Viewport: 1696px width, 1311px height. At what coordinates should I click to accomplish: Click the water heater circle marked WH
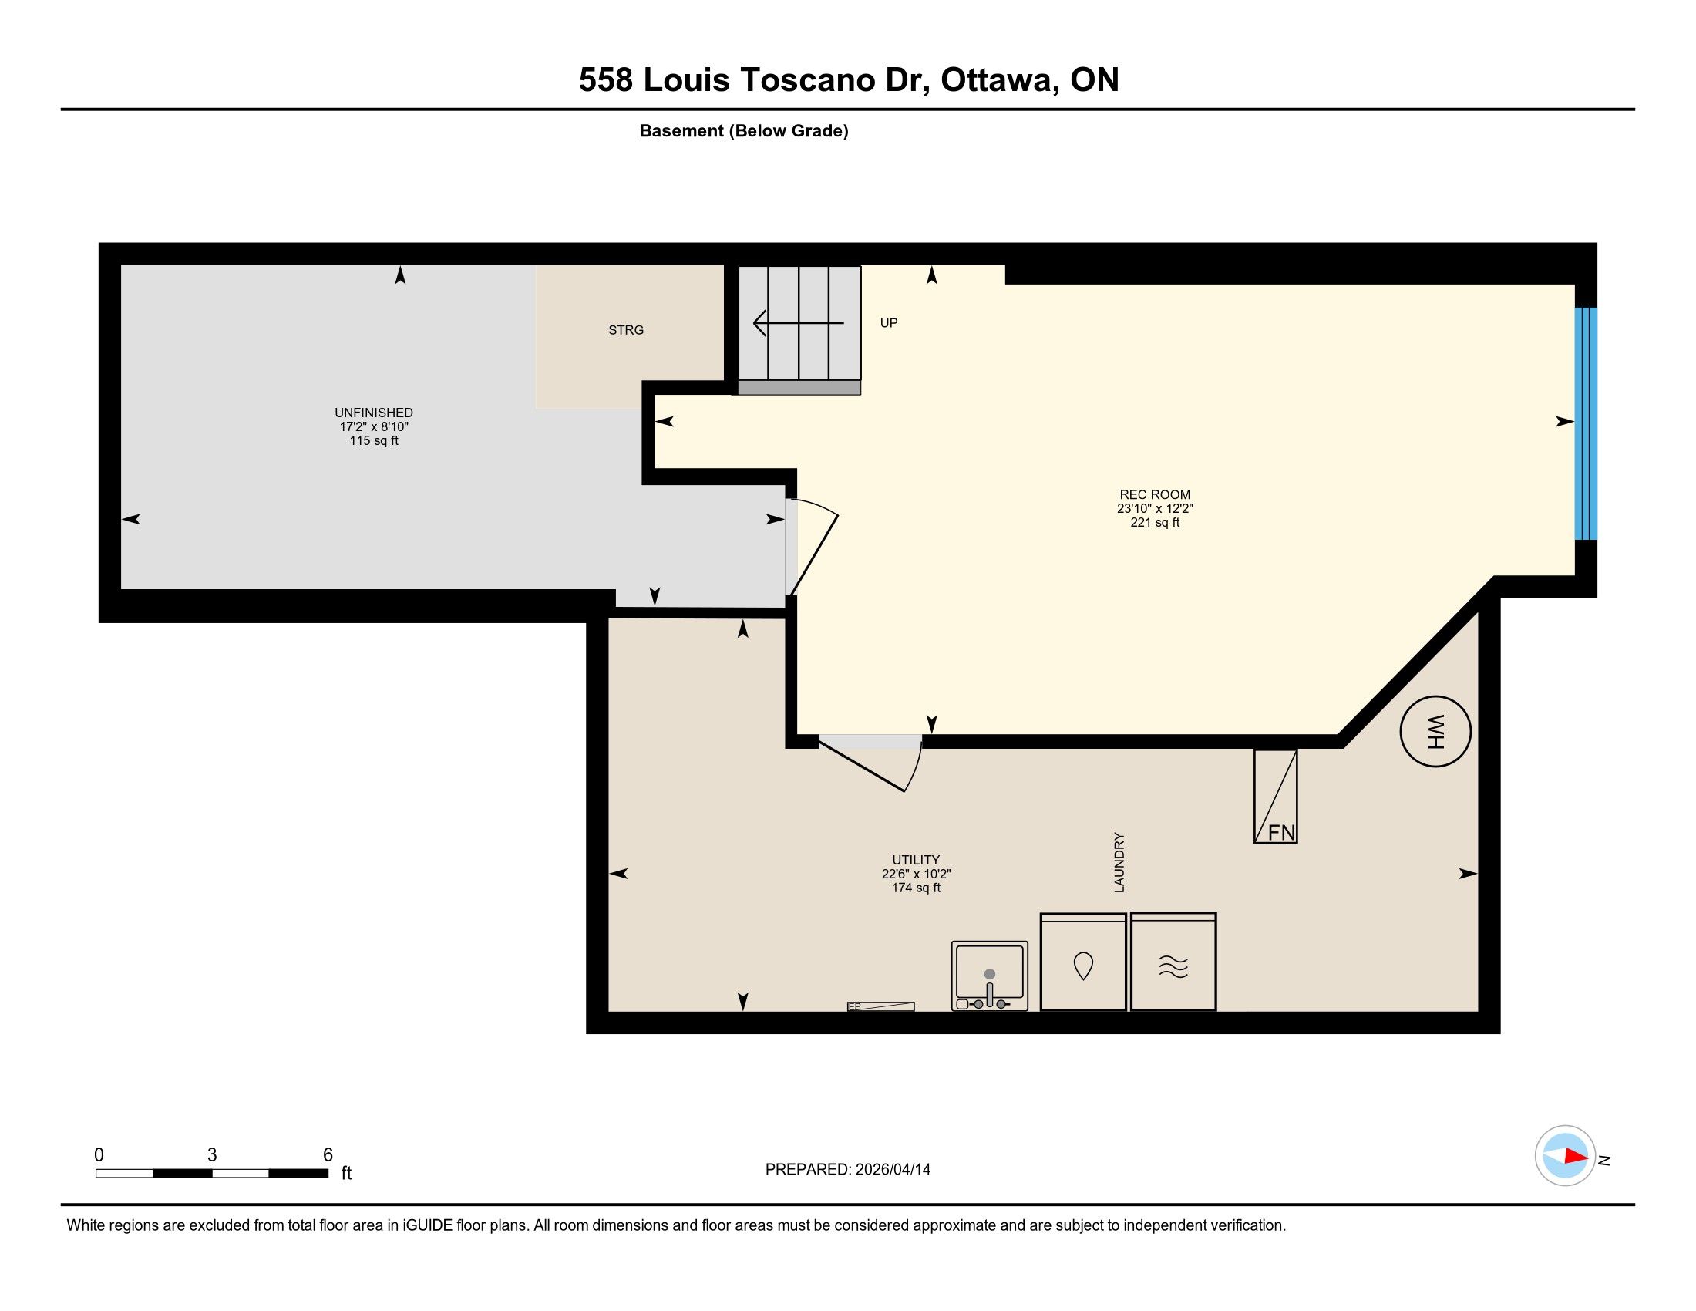click(1435, 731)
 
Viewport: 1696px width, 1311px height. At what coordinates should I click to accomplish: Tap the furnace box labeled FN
click(1275, 796)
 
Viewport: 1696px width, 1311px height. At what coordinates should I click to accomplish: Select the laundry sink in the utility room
click(989, 976)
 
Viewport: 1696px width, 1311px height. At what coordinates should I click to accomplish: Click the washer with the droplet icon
click(1082, 962)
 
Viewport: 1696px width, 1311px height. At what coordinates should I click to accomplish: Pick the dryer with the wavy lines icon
click(1173, 962)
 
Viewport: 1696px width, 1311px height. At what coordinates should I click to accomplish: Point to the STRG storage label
click(626, 330)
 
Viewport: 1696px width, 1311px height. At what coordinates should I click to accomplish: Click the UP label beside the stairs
click(888, 323)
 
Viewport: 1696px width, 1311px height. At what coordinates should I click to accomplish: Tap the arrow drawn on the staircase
click(799, 322)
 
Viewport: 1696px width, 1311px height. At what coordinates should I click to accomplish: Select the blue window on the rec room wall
click(1586, 423)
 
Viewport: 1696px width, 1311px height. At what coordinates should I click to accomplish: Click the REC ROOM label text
click(1155, 495)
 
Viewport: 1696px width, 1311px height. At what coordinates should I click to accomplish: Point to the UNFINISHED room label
click(374, 413)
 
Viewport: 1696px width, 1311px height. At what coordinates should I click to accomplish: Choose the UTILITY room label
click(916, 860)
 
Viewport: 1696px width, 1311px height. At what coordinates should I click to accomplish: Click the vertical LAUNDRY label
click(1119, 863)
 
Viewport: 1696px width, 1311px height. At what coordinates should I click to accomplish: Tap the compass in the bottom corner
click(1565, 1155)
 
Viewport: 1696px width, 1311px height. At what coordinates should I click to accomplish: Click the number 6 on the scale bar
click(328, 1155)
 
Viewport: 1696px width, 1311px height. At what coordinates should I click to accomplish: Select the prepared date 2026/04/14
click(893, 1170)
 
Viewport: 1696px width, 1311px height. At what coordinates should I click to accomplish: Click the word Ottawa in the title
click(995, 80)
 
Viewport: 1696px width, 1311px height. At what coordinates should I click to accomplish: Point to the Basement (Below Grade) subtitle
click(744, 131)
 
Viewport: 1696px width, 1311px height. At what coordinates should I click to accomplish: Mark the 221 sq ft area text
click(1155, 523)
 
